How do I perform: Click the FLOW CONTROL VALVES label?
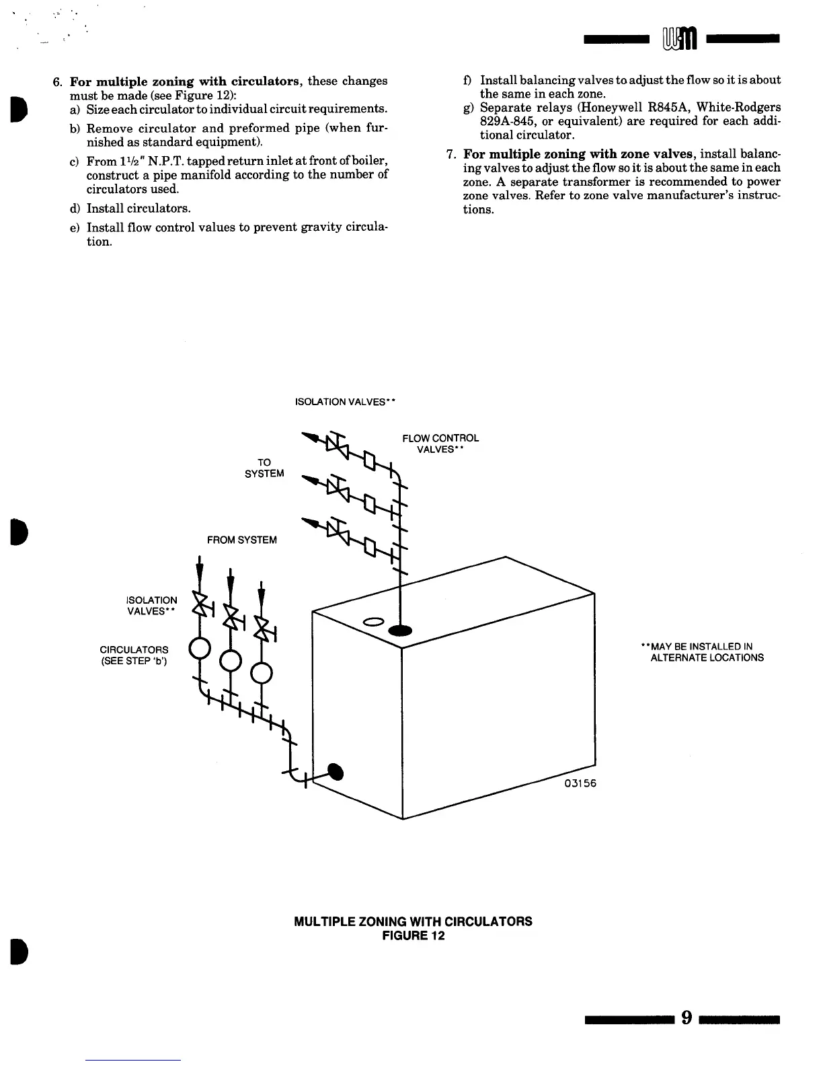click(440, 443)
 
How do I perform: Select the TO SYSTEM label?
click(264, 468)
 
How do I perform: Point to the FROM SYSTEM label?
click(241, 540)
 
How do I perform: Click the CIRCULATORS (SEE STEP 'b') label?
click(134, 655)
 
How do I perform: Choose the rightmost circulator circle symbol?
click(261, 672)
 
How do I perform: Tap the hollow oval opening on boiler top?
click(373, 620)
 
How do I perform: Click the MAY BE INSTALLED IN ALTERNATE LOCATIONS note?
click(703, 652)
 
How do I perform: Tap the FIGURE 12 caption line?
click(413, 936)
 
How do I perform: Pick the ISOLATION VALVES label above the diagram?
click(344, 402)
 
